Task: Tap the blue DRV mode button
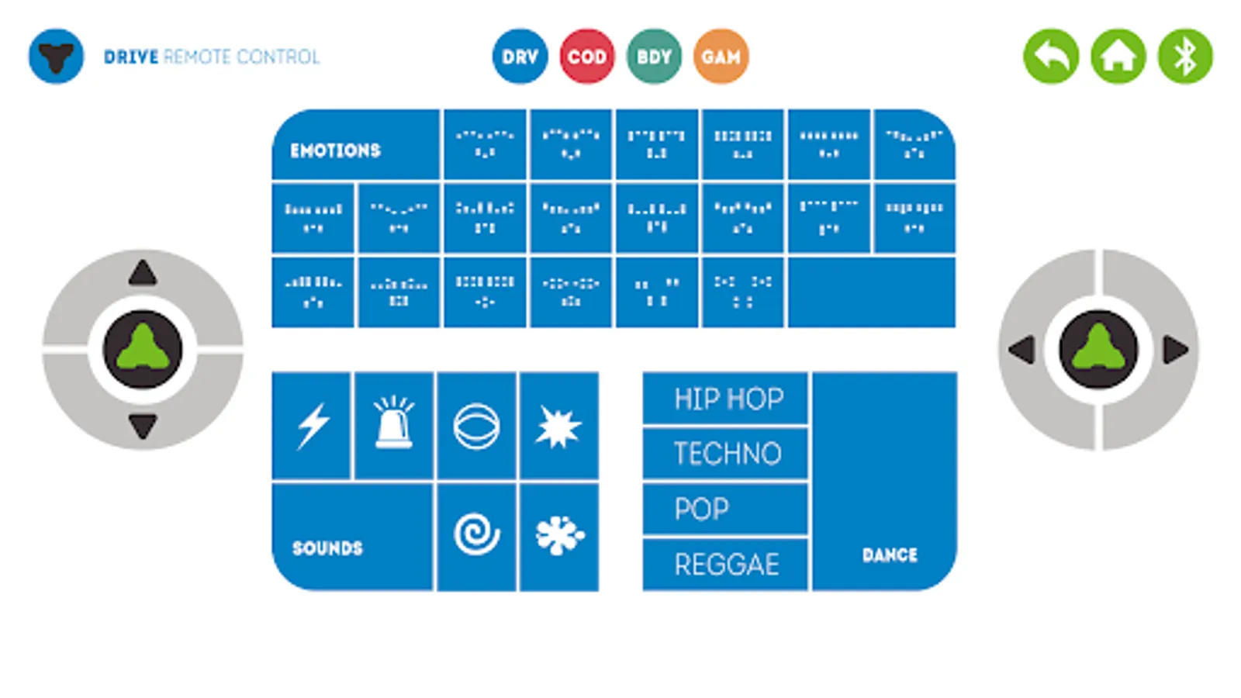pyautogui.click(x=520, y=57)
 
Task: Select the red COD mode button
pyautogui.click(x=587, y=57)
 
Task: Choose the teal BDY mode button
pyautogui.click(x=654, y=57)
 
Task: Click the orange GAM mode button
pyautogui.click(x=721, y=57)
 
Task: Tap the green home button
pyautogui.click(x=1118, y=57)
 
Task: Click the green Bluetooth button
pyautogui.click(x=1185, y=57)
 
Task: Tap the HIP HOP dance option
pyautogui.click(x=727, y=399)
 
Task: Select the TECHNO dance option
pyautogui.click(x=727, y=454)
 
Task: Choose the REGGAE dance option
pyautogui.click(x=727, y=564)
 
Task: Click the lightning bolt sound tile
pyautogui.click(x=313, y=426)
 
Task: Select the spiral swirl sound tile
pyautogui.click(x=476, y=534)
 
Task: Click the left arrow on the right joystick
pyautogui.click(x=1022, y=350)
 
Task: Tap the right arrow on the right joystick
pyautogui.click(x=1175, y=350)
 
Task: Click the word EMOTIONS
pyautogui.click(x=335, y=150)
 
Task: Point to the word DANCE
pyautogui.click(x=890, y=555)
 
